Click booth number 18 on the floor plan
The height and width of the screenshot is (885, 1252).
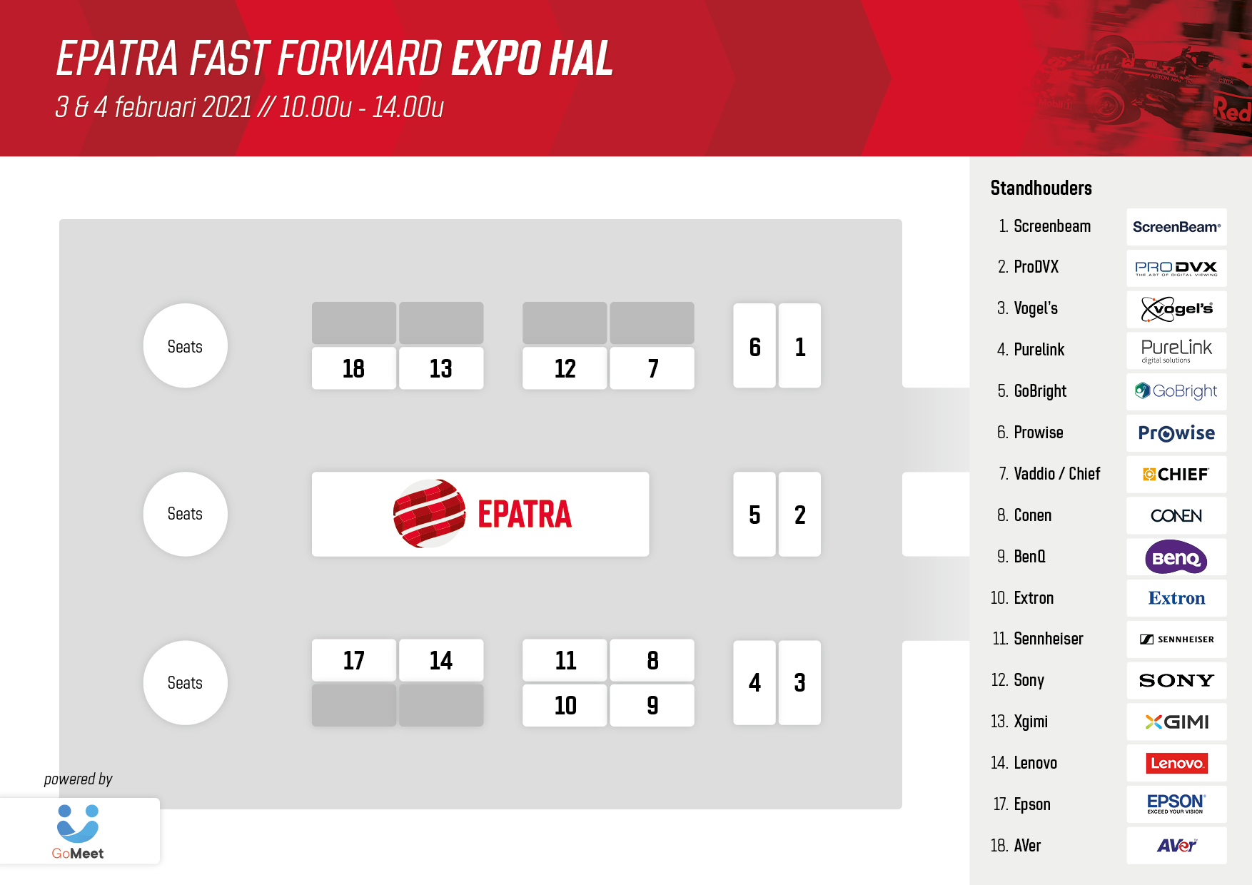pyautogui.click(x=354, y=368)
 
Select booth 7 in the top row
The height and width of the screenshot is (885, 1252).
pyautogui.click(x=652, y=368)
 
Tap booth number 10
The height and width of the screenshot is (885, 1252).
pyautogui.click(x=565, y=705)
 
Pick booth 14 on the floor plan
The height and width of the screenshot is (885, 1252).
pyautogui.click(x=441, y=660)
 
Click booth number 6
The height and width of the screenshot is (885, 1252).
pyautogui.click(x=754, y=346)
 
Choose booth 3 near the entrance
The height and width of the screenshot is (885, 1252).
pyautogui.click(x=799, y=683)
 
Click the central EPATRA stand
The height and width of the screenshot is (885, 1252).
pyautogui.click(x=480, y=514)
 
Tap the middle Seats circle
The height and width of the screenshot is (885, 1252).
pyautogui.click(x=186, y=514)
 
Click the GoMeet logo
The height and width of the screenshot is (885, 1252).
pyautogui.click(x=78, y=832)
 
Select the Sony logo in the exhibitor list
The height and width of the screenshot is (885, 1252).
pyautogui.click(x=1176, y=680)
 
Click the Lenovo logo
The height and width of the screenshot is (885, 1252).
pyautogui.click(x=1176, y=763)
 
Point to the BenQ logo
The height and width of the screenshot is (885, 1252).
pyautogui.click(x=1176, y=557)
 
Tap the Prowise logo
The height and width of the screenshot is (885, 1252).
pyautogui.click(x=1176, y=433)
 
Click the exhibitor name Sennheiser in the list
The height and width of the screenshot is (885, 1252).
pyautogui.click(x=1048, y=639)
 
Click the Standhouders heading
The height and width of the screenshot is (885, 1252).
pyautogui.click(x=1041, y=188)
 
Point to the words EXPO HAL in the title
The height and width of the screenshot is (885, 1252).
pyautogui.click(x=532, y=59)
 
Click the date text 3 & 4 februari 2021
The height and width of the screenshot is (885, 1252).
pyautogui.click(x=153, y=107)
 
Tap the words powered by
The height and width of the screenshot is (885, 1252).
pyautogui.click(x=79, y=779)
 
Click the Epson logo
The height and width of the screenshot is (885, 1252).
pyautogui.click(x=1176, y=804)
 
